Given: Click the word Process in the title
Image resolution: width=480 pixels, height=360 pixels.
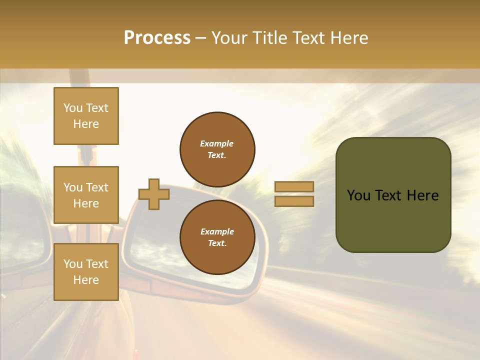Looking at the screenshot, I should click(x=157, y=38).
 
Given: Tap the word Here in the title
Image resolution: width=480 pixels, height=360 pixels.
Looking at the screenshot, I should click(x=348, y=38).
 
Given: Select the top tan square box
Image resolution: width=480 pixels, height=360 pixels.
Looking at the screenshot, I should click(x=86, y=116).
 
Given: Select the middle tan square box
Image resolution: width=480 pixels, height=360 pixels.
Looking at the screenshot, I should click(x=86, y=195).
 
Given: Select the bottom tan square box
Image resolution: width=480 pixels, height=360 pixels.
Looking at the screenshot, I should click(x=86, y=272).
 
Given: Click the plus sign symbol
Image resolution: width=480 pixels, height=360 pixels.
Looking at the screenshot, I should click(x=154, y=194).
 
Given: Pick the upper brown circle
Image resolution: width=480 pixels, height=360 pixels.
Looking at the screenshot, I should click(x=217, y=149).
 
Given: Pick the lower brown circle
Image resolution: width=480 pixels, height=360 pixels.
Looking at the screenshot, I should click(x=217, y=237).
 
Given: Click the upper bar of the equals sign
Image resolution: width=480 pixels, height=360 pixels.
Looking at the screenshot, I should click(x=294, y=186).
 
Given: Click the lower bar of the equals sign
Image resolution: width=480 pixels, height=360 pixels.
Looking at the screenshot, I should click(x=294, y=201).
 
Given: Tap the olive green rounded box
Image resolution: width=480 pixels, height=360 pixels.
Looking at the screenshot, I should click(x=393, y=220).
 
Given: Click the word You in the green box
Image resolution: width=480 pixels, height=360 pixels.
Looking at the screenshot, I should click(x=358, y=195).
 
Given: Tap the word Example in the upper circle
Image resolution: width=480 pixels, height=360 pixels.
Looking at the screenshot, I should click(x=217, y=143).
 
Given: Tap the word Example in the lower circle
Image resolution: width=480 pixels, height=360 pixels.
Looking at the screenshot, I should click(x=217, y=231).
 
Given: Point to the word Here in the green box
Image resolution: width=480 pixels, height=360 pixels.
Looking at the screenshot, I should click(x=423, y=195).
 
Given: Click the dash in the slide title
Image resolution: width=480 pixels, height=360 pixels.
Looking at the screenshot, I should click(x=201, y=38).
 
